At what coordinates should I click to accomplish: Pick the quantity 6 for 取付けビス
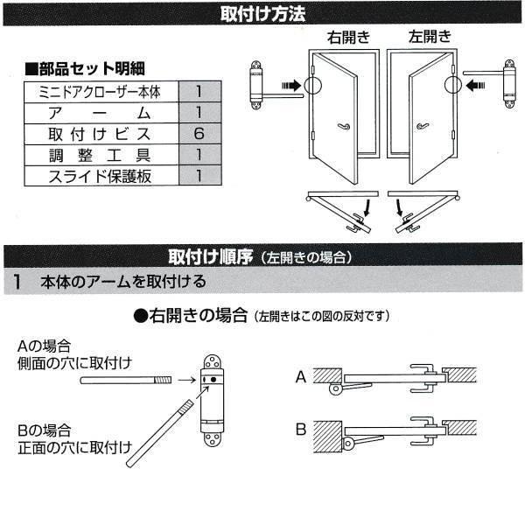tap(199, 134)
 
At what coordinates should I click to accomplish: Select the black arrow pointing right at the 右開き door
tap(291, 86)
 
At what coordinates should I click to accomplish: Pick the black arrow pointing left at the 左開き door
tap(477, 86)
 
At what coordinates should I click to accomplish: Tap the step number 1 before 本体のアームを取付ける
tap(19, 282)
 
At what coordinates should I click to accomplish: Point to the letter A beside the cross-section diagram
tap(300, 377)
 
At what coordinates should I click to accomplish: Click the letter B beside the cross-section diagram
tap(300, 430)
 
